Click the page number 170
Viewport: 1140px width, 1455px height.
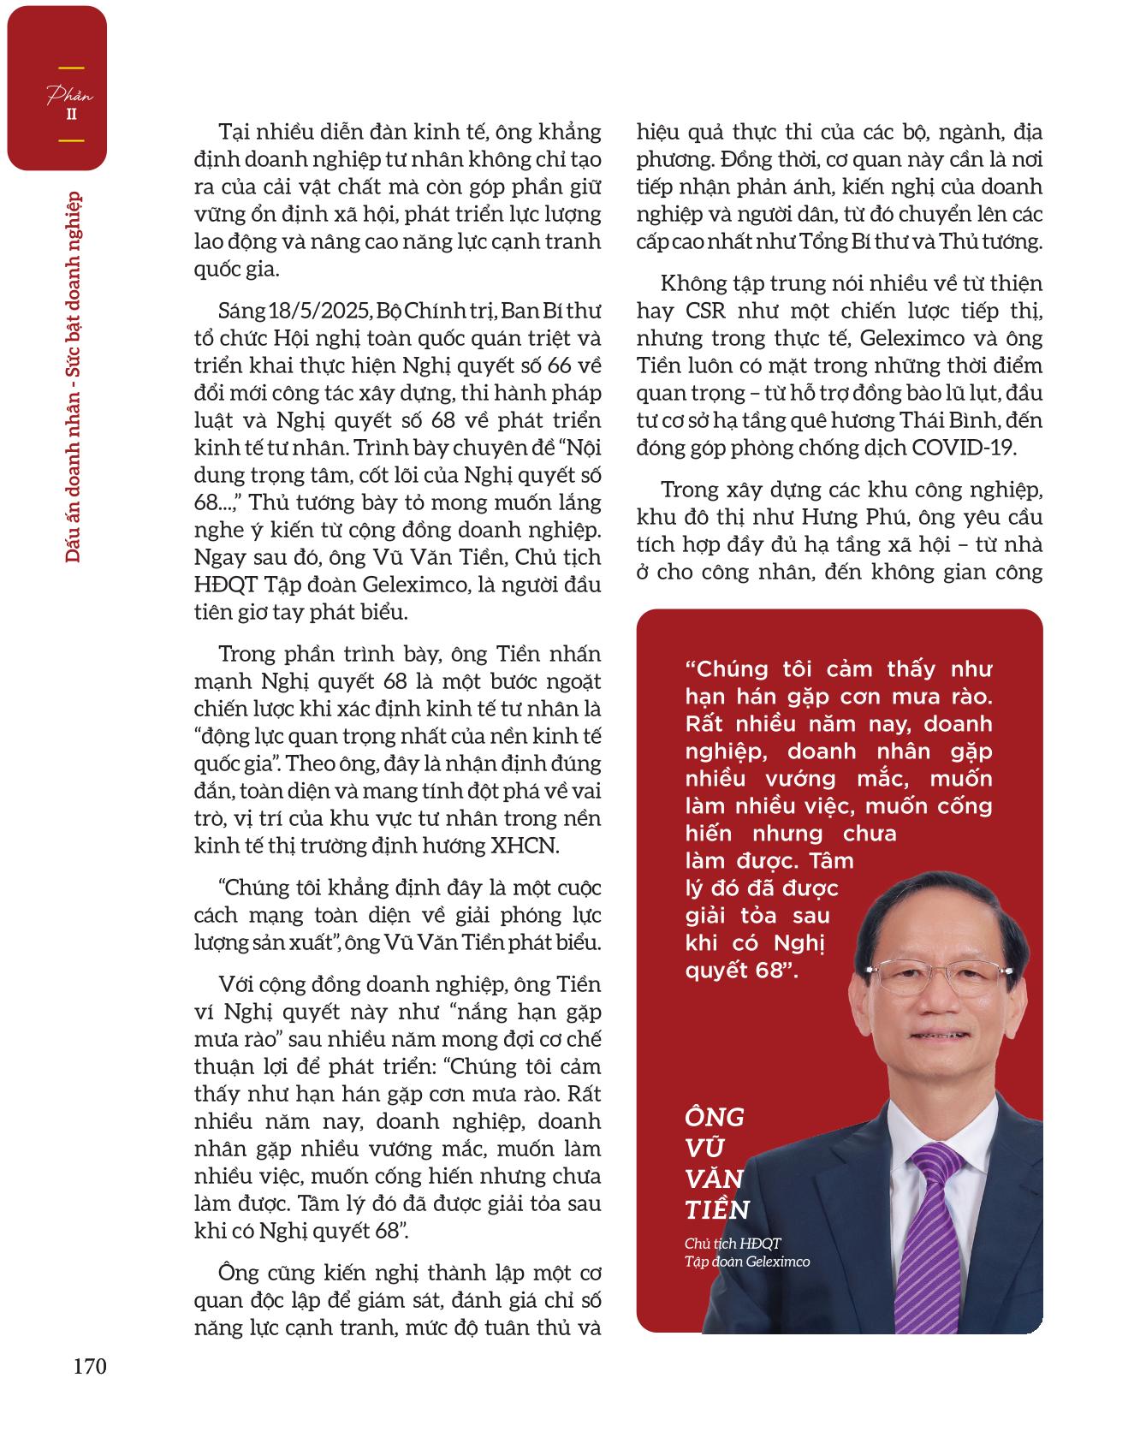tap(90, 1367)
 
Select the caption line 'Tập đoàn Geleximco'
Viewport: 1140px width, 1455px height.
tap(747, 1262)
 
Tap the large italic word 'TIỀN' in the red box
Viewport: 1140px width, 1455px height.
tap(717, 1210)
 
